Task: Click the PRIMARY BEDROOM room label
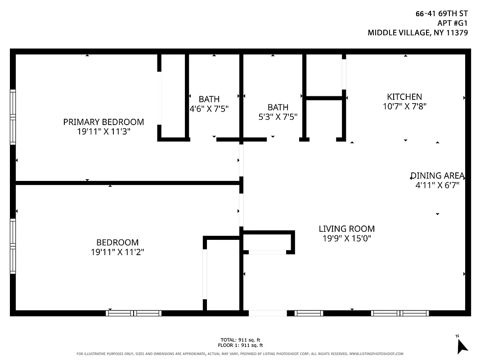click(x=103, y=122)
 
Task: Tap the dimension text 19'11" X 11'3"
click(x=103, y=132)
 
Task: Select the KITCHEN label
click(x=404, y=97)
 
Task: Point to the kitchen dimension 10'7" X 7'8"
click(x=404, y=107)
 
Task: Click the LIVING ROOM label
click(x=346, y=229)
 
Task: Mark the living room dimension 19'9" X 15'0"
click(x=346, y=238)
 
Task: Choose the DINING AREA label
click(x=437, y=176)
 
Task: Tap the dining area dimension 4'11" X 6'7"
click(x=437, y=185)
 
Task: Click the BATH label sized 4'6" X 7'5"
click(x=209, y=99)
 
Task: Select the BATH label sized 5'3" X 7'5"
click(x=278, y=107)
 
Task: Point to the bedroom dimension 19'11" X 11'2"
click(x=117, y=252)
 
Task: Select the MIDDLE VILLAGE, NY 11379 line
click(x=418, y=32)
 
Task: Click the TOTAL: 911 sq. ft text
click(x=240, y=340)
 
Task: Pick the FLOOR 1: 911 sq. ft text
click(x=240, y=345)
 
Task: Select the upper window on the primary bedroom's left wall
click(x=13, y=103)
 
